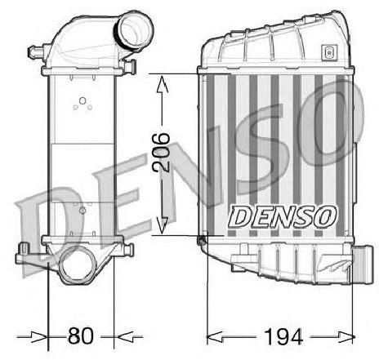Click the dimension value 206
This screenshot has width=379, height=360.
(x=162, y=153)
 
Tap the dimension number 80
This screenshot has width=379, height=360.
(x=81, y=336)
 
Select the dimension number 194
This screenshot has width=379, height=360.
(x=283, y=336)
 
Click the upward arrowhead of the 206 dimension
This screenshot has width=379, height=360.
(x=162, y=84)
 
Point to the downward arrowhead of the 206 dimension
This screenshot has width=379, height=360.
(x=163, y=225)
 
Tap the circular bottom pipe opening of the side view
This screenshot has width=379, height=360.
(x=78, y=265)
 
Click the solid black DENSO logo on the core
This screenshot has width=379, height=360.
(x=283, y=216)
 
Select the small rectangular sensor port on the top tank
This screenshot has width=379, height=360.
(x=329, y=52)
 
